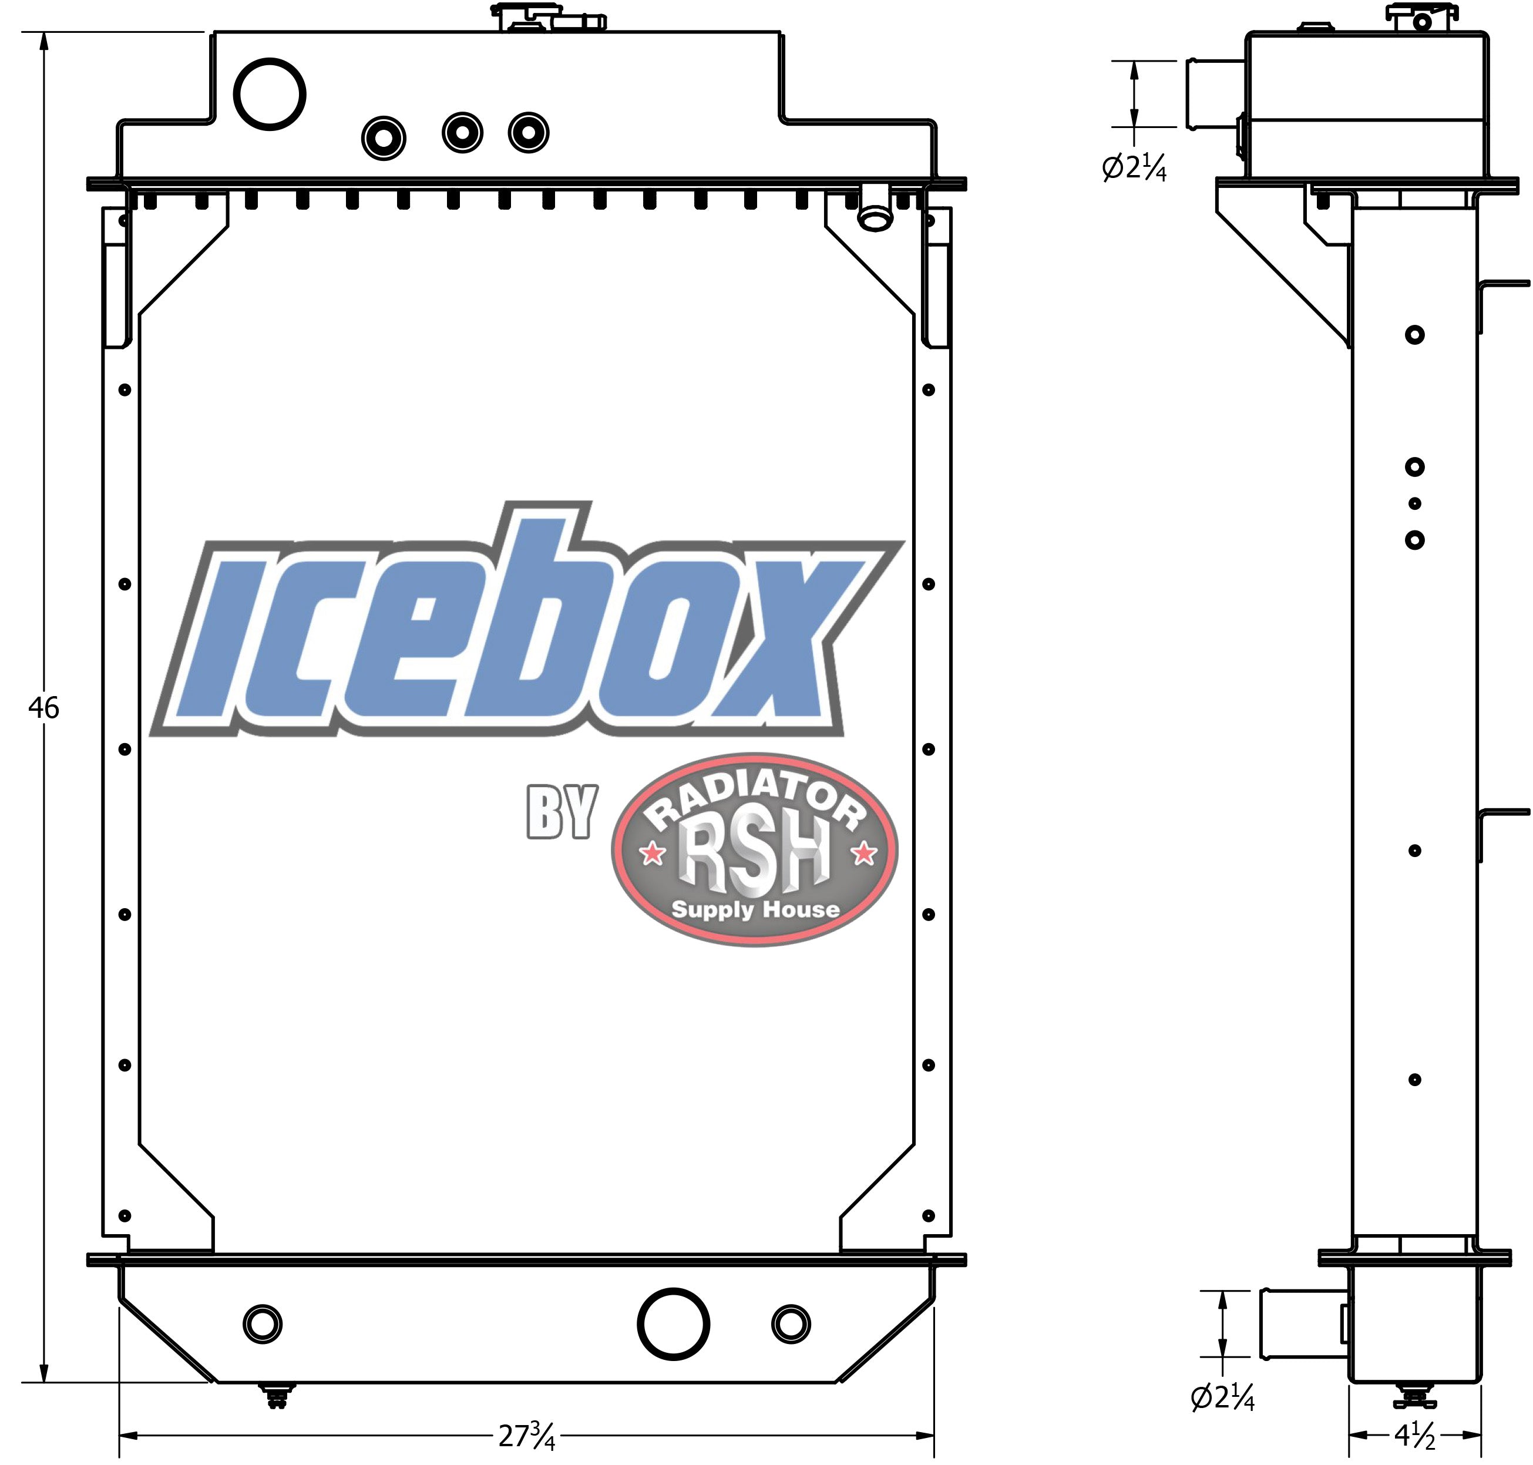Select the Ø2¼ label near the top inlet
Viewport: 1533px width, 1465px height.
click(1134, 167)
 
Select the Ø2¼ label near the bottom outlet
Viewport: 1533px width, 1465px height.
click(1222, 1398)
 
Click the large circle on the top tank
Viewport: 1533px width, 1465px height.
click(270, 95)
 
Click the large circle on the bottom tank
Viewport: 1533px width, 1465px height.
click(673, 1323)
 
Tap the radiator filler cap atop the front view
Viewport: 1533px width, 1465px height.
click(549, 17)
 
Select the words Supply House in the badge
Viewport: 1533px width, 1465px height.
click(755, 910)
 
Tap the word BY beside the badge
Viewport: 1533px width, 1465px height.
click(562, 812)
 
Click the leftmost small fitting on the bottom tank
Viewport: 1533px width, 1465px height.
click(263, 1323)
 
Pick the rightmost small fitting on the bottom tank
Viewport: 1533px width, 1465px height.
click(791, 1323)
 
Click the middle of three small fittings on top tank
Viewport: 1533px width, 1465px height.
click(462, 133)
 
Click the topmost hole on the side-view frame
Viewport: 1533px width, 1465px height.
click(1414, 335)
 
